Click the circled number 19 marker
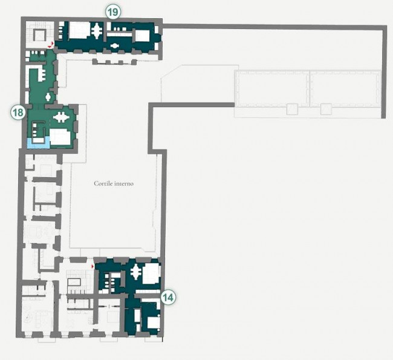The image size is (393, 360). click(x=113, y=12)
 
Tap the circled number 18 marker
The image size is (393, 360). click(x=18, y=113)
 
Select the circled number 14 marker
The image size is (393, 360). click(x=168, y=298)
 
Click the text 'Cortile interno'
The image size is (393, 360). click(x=114, y=184)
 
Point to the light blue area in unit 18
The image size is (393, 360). click(x=37, y=144)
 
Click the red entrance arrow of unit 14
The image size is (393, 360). click(x=93, y=266)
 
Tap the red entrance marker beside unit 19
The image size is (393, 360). click(x=51, y=45)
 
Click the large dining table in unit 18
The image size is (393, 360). click(x=60, y=117)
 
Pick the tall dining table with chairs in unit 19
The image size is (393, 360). click(x=97, y=31)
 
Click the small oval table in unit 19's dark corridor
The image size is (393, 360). click(x=115, y=46)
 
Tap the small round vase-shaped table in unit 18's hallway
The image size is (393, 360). click(x=48, y=97)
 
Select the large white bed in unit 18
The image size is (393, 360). click(x=60, y=137)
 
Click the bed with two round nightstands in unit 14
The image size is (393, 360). click(x=153, y=322)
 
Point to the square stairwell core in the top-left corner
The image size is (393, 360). click(x=39, y=34)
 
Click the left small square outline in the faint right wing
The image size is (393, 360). click(x=292, y=109)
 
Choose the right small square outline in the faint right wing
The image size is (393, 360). click(x=326, y=109)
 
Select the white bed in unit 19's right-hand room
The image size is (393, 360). click(x=142, y=36)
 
